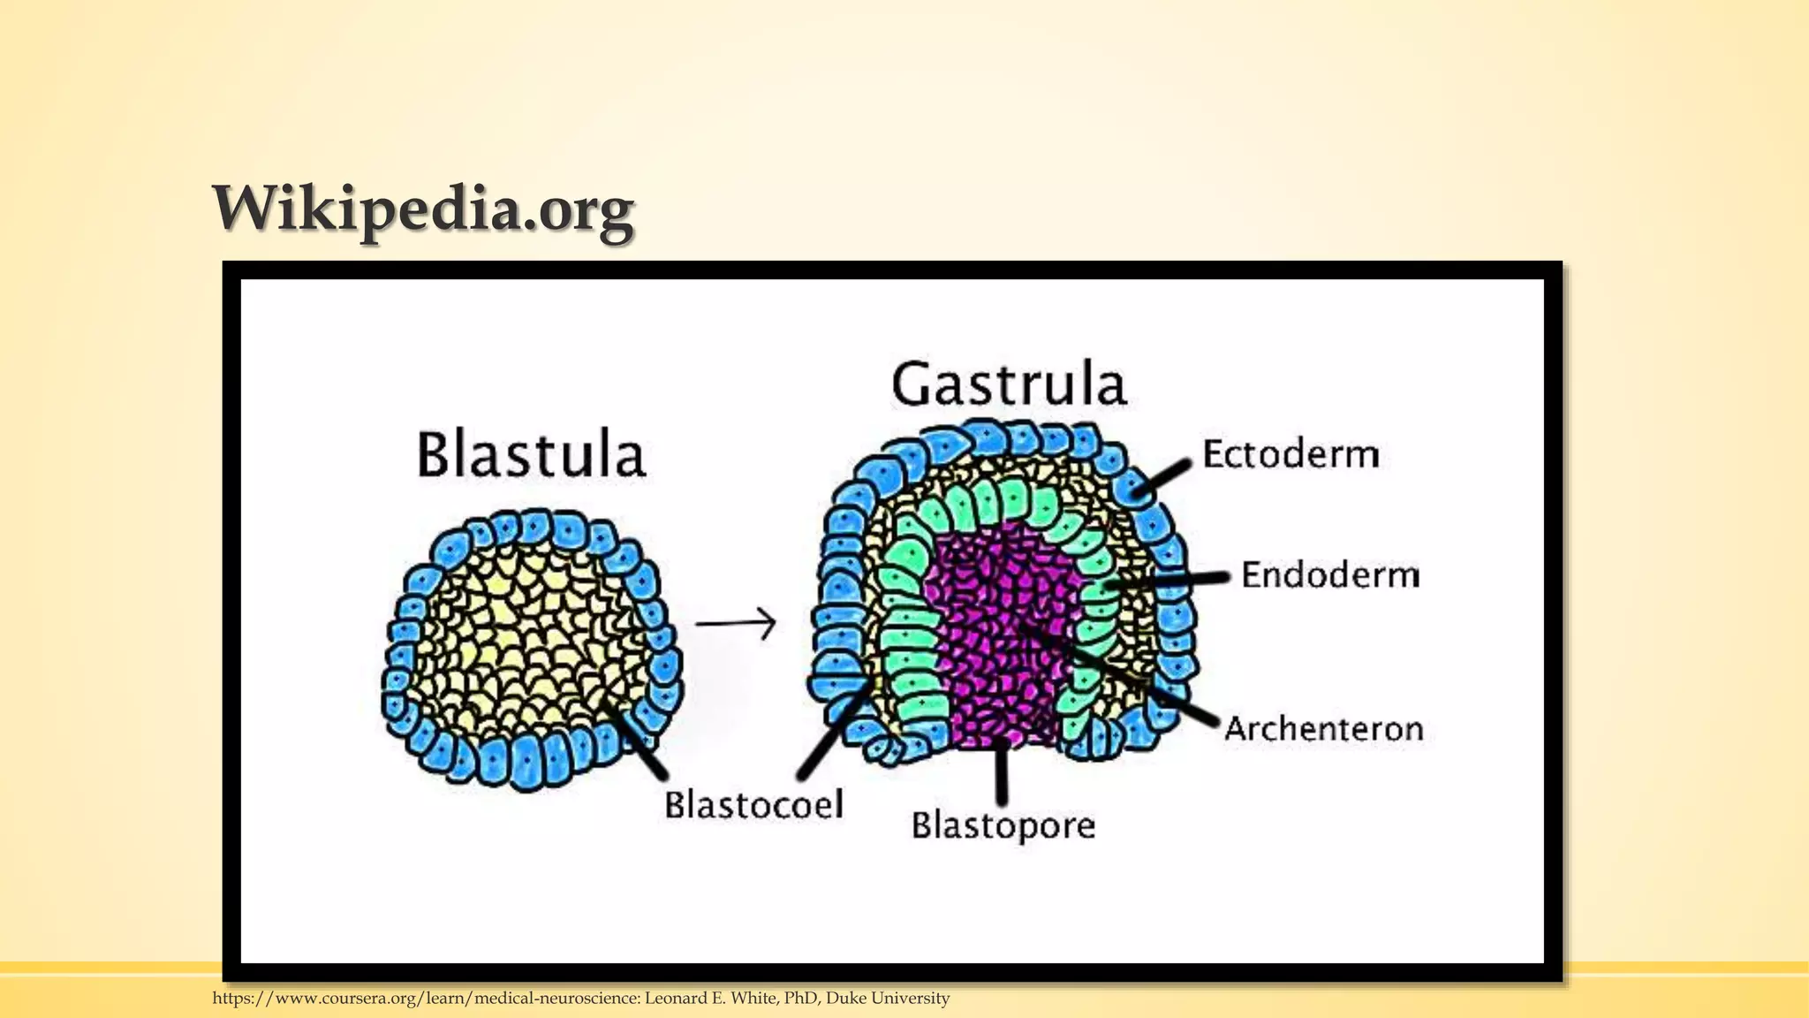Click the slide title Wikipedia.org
tap(423, 209)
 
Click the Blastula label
tap(531, 455)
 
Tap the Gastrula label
tap(1009, 384)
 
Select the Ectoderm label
tap(1291, 454)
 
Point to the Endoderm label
tap(1330, 575)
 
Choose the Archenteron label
tap(1323, 729)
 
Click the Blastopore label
tap(1003, 825)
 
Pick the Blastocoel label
tap(753, 805)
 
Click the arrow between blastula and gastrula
tap(735, 623)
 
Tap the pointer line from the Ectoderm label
tap(1161, 477)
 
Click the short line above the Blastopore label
tap(1002, 773)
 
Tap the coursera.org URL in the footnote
tap(425, 999)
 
